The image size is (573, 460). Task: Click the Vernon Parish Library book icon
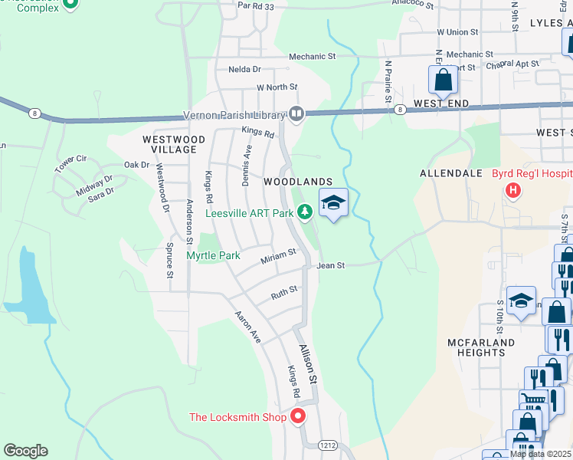(x=296, y=115)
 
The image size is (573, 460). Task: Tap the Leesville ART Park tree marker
(x=306, y=211)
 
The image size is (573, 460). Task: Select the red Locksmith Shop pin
(x=297, y=417)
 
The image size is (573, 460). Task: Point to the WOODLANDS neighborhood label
(x=298, y=182)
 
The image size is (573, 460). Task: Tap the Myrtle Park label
(x=214, y=255)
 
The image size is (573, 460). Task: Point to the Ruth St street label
(x=283, y=293)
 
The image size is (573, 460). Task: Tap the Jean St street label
(x=331, y=265)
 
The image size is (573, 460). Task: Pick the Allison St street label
(x=307, y=363)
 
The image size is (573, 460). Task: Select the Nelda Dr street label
(x=245, y=69)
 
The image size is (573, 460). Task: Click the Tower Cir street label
(x=70, y=163)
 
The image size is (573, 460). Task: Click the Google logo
(x=25, y=451)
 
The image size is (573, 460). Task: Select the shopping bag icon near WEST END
(x=444, y=79)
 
